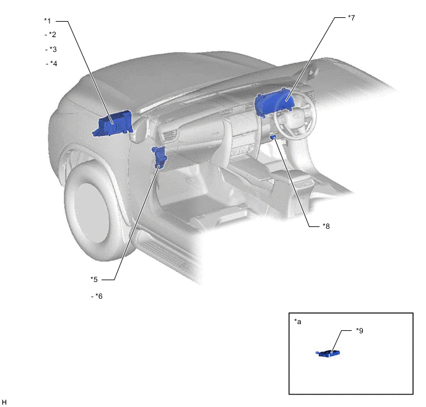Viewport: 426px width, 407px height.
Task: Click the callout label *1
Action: click(x=47, y=21)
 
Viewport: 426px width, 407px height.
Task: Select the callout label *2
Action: click(x=50, y=35)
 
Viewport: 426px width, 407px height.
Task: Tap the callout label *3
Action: click(x=51, y=49)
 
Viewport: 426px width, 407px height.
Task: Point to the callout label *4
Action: click(x=51, y=64)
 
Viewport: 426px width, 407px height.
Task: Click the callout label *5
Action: click(x=94, y=280)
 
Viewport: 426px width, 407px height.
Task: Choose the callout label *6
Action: click(x=97, y=296)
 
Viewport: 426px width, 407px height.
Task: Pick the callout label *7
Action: click(x=352, y=18)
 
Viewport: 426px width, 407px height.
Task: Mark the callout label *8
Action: click(x=326, y=226)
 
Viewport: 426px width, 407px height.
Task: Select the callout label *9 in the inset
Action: click(x=360, y=330)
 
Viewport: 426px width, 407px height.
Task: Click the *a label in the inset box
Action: click(x=298, y=322)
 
